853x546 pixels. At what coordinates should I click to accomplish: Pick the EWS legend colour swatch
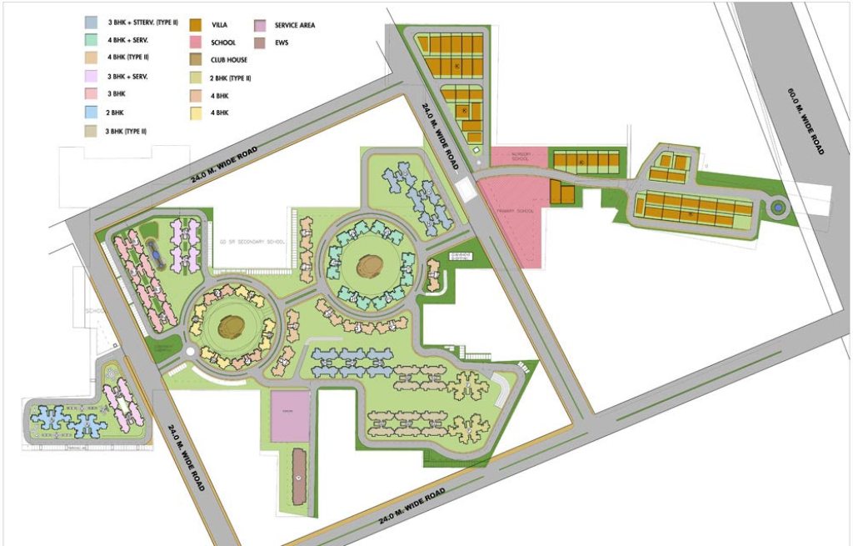260,42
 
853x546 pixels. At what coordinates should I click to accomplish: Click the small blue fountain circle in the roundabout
777,207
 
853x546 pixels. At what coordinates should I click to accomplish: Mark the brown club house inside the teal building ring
367,267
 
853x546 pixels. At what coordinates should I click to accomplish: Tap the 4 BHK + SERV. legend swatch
91,40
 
